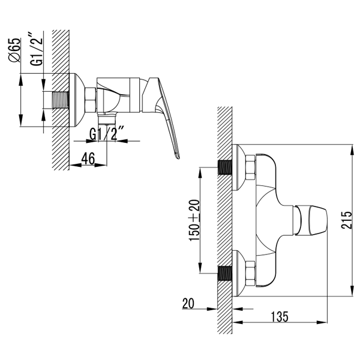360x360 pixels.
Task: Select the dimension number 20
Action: click(x=189, y=303)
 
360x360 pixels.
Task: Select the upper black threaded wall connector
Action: click(x=224, y=167)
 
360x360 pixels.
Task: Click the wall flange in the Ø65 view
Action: click(x=77, y=100)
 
